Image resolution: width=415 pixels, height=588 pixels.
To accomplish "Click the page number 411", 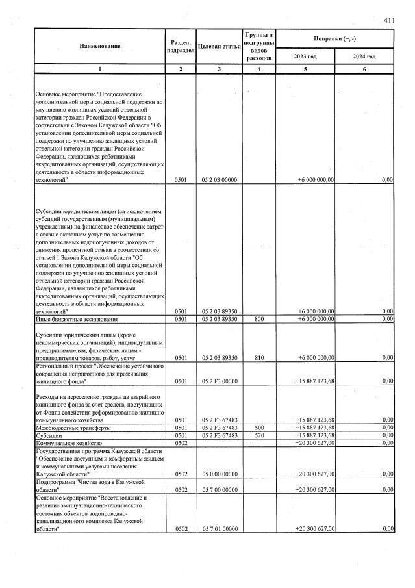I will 389,21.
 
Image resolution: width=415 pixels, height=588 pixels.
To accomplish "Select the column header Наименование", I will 100,46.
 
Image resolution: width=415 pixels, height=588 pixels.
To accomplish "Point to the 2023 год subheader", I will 305,57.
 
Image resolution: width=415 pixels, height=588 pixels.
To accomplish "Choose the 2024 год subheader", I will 364,57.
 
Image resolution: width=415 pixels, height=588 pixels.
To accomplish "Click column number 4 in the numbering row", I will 258,69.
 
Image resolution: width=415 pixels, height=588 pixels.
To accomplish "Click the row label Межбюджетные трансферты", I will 73,428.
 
